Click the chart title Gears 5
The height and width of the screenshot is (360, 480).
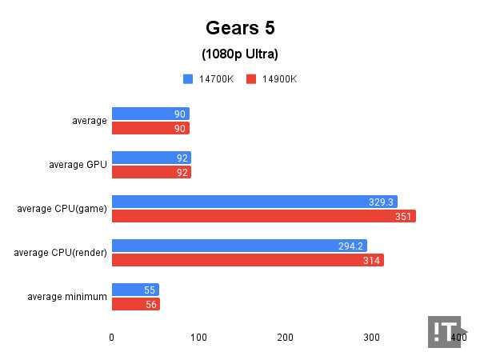tap(240, 28)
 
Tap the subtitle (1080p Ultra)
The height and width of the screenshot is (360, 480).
tap(240, 54)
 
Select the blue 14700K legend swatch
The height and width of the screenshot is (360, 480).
tap(188, 79)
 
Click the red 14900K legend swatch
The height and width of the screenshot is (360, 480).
tap(251, 79)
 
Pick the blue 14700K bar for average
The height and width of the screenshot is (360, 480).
tap(150, 114)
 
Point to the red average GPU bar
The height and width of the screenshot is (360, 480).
tap(151, 172)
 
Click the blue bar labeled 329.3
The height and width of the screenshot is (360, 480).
tap(254, 202)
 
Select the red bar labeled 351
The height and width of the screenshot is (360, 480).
tap(263, 216)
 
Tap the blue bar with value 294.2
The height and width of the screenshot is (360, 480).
tap(239, 246)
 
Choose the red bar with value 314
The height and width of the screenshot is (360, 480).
tap(247, 260)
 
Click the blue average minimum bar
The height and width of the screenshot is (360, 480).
tap(135, 290)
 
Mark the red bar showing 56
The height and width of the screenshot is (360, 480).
tap(136, 304)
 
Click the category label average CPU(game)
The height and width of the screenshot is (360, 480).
tap(62, 210)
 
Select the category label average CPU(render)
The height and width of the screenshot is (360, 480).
tap(60, 253)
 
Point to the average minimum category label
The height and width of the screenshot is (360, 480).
tap(67, 297)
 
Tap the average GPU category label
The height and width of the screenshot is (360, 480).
tap(78, 166)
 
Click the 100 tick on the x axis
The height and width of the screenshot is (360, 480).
tap(198, 338)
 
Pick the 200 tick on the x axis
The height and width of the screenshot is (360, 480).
tap(285, 338)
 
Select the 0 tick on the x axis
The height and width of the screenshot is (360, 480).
tap(112, 338)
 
